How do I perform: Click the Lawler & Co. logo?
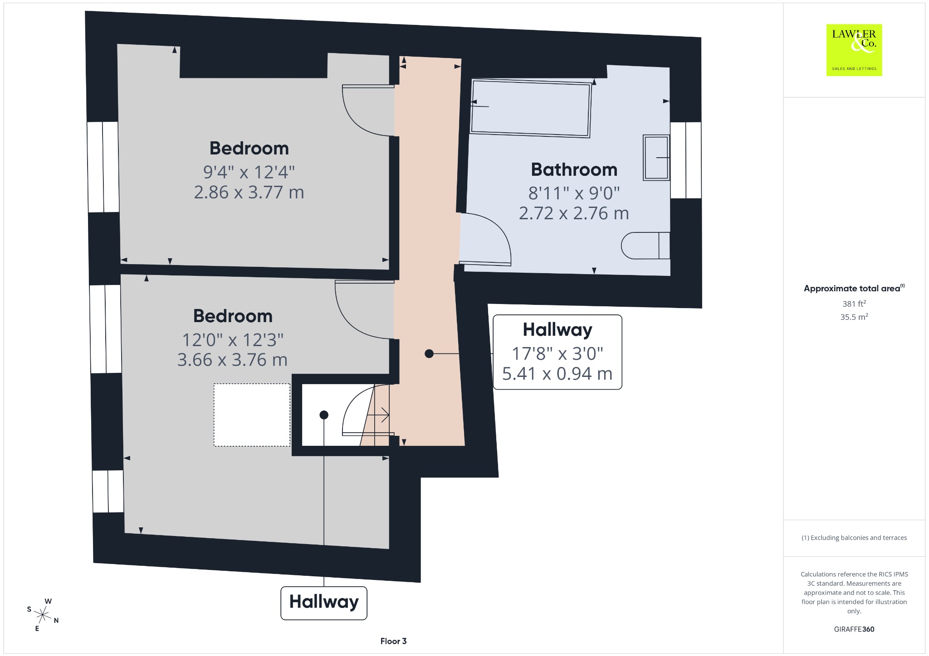854,50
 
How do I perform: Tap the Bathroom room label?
574,170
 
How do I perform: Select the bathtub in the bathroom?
531,108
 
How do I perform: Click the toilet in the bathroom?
645,246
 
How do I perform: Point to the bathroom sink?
656,157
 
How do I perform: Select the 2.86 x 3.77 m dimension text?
249,193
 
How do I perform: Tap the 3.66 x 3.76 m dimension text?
232,360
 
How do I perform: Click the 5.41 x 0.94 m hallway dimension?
557,374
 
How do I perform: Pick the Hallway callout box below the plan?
324,603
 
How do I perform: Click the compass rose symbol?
43,615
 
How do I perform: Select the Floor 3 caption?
393,641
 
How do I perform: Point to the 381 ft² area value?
854,304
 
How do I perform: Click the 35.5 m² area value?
854,317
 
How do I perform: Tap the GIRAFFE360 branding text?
854,629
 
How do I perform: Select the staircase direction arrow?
378,415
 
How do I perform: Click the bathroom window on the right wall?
685,160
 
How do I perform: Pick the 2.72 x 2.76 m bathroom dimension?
574,213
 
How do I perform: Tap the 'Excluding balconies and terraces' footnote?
854,538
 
